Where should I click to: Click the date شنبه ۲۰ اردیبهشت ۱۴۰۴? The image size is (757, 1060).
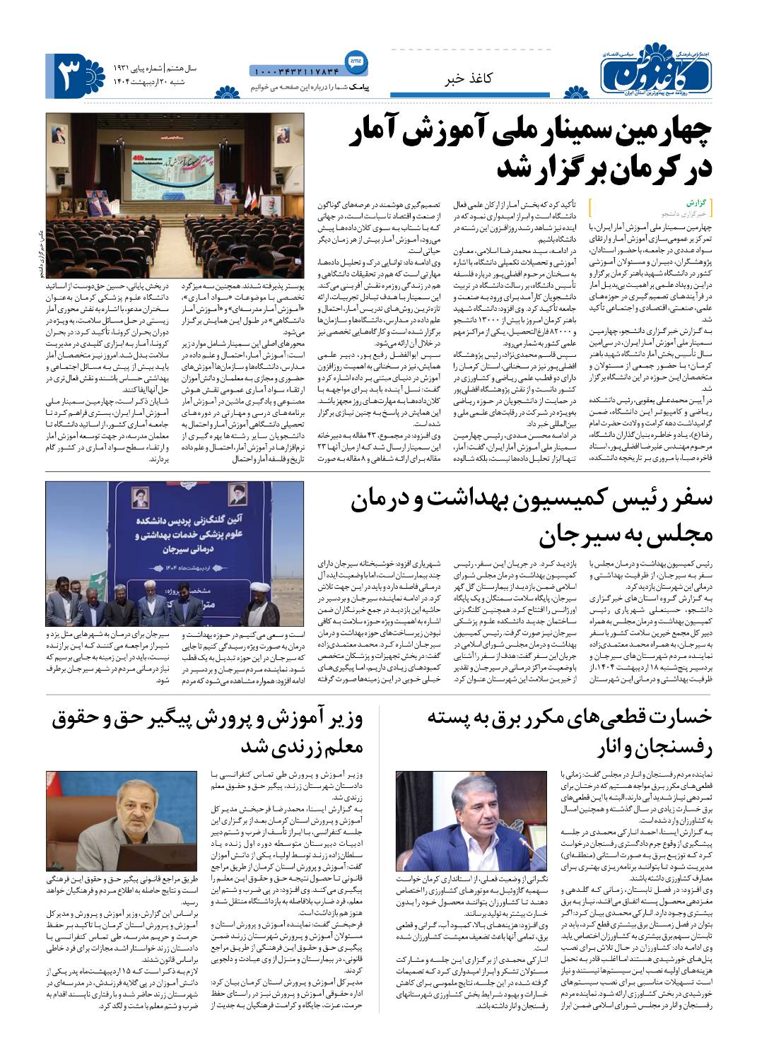point(141,83)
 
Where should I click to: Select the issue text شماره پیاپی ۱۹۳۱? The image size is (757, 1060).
point(137,69)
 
